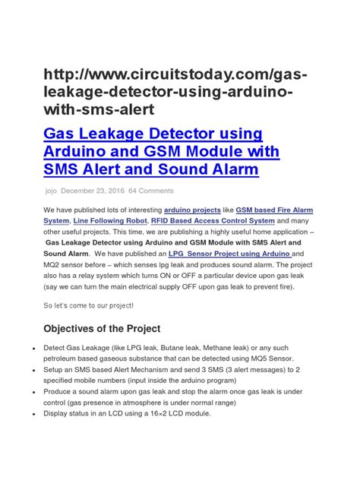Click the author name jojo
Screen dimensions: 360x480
pos(51,191)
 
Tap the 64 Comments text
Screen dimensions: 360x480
pos(151,191)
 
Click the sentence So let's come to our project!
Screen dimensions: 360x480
pos(88,305)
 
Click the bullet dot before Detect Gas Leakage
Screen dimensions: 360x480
pos(28,346)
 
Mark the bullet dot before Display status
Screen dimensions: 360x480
pos(28,413)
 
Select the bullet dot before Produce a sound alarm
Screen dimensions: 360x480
pos(28,391)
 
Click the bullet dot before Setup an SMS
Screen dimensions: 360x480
pos(28,368)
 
